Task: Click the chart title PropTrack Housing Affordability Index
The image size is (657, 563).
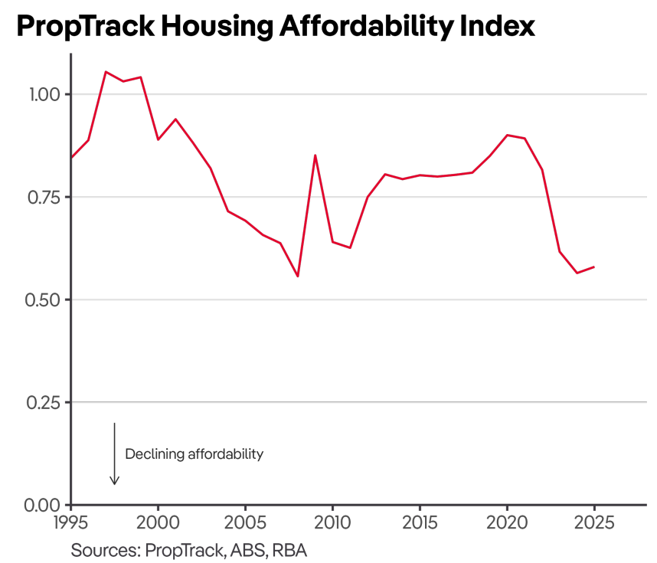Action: coord(275,26)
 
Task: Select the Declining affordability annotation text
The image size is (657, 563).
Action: coord(194,454)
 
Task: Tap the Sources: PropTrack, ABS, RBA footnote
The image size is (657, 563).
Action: coord(189,550)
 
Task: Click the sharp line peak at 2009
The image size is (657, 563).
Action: coord(315,155)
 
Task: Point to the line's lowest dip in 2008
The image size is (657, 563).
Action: coord(297,276)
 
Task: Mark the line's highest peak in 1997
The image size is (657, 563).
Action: coord(106,72)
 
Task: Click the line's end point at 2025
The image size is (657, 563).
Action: coord(593,267)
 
